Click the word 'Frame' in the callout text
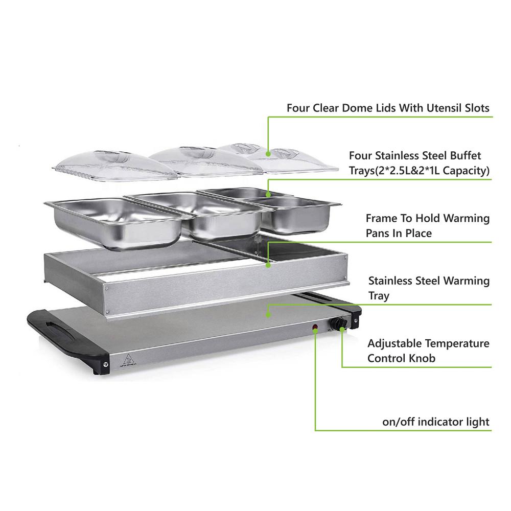coord(381,218)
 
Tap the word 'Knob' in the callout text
coord(422,359)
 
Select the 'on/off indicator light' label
coord(436,422)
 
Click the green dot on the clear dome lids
coord(268,154)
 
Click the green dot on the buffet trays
coord(268,195)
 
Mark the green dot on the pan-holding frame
coord(268,265)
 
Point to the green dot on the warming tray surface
coord(268,314)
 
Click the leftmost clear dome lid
coord(114,165)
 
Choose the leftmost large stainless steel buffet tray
coord(114,222)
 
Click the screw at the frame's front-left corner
coord(106,288)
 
